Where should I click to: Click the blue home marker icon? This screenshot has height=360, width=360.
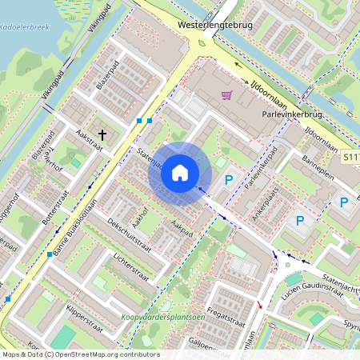180,173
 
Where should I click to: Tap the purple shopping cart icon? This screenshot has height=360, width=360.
226,95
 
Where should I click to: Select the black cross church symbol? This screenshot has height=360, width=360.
102,136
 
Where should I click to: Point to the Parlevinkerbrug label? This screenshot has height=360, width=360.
297,114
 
